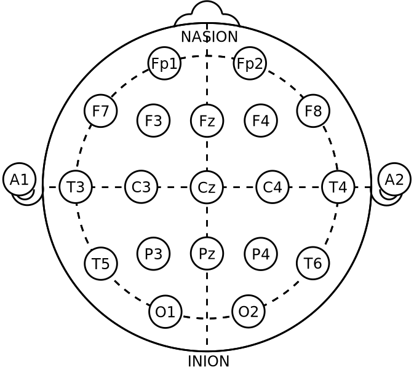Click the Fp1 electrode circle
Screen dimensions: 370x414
point(164,63)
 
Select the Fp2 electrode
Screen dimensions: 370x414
point(250,63)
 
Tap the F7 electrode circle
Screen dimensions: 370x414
point(101,111)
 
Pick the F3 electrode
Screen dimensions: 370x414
point(153,120)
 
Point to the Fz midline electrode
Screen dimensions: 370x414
point(207,120)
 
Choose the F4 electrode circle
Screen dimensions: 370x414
point(261,120)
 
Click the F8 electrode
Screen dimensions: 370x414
point(313,111)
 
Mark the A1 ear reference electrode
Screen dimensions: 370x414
point(19,179)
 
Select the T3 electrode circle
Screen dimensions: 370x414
point(76,187)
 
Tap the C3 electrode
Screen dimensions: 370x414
point(141,187)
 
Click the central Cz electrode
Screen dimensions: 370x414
point(207,187)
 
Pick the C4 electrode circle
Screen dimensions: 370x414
point(273,187)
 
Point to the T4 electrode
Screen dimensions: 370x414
point(338,187)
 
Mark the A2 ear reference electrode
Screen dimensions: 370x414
point(394,179)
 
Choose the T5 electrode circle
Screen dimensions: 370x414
point(101,264)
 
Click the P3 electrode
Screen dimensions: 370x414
point(153,253)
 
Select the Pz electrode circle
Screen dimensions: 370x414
point(207,253)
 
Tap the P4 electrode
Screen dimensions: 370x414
point(261,253)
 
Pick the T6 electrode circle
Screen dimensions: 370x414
point(313,263)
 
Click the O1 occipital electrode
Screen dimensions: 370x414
point(165,312)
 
